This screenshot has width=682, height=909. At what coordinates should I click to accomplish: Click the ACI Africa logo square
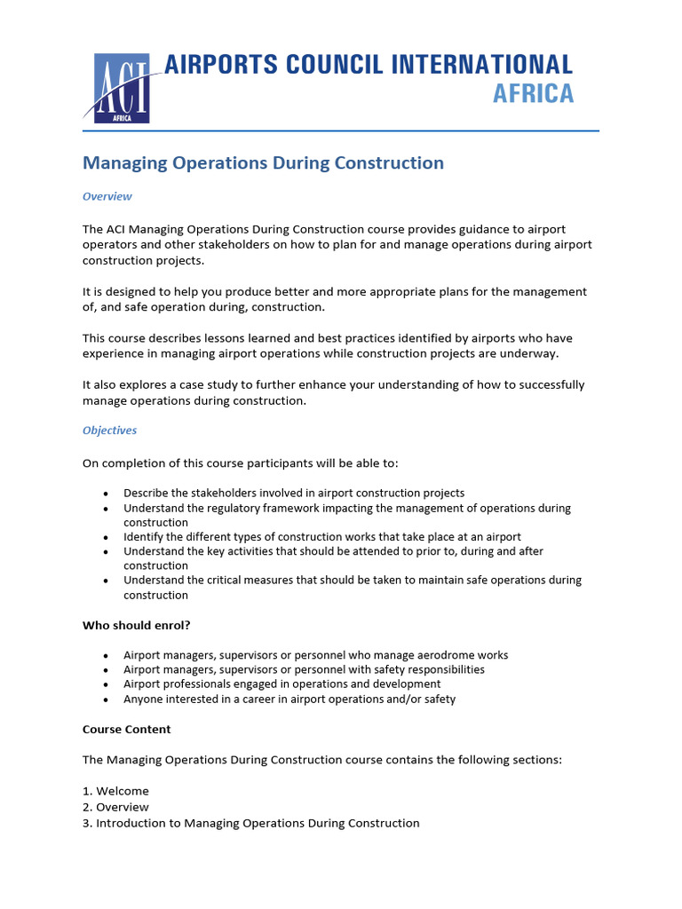click(x=122, y=88)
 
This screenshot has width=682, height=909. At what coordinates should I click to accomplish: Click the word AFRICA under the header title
click(x=533, y=93)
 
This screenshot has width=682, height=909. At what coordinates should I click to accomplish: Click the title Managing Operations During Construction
click(x=263, y=163)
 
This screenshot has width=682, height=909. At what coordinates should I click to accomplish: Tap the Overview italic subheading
click(x=107, y=196)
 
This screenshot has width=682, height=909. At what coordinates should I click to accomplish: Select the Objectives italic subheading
click(x=109, y=431)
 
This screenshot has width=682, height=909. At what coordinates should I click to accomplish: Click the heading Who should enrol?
click(x=137, y=625)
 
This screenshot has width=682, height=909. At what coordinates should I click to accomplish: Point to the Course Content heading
click(x=127, y=730)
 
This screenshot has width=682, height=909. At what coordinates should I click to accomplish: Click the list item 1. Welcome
click(x=115, y=791)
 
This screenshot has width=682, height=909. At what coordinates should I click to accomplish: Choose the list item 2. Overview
click(x=115, y=807)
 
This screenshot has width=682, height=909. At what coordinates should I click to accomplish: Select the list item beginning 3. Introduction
click(x=250, y=823)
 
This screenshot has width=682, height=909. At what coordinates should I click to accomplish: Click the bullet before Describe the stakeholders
click(x=107, y=494)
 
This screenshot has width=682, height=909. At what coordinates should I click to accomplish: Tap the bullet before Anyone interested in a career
click(x=107, y=700)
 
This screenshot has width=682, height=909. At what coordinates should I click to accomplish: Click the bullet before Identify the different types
click(x=107, y=538)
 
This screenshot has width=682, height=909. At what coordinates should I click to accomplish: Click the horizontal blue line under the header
click(x=341, y=131)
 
